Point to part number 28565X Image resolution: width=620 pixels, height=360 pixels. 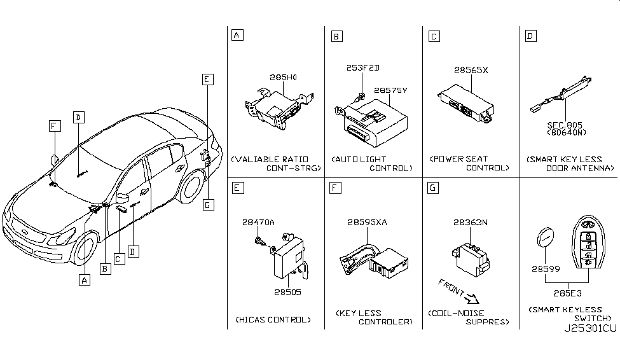point(471,70)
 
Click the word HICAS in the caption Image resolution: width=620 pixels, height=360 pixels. point(251,319)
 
